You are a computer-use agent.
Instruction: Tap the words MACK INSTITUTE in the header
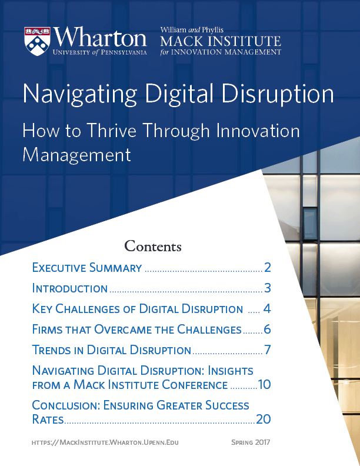tap(221, 41)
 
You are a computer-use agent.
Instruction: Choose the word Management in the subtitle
tap(76, 155)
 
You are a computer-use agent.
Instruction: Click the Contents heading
tap(153, 245)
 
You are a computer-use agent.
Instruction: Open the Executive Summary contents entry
tap(87, 268)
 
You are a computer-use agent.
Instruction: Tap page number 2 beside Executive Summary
tap(267, 268)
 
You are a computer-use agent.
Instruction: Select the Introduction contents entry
tap(69, 288)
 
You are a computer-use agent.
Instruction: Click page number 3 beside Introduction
tap(267, 288)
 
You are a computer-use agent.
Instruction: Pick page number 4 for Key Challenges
tap(267, 309)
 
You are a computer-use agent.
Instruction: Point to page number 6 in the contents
tap(267, 329)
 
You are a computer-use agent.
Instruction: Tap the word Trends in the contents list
tap(50, 350)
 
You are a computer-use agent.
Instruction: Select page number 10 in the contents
tap(264, 385)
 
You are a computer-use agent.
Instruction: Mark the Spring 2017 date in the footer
tap(250, 442)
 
